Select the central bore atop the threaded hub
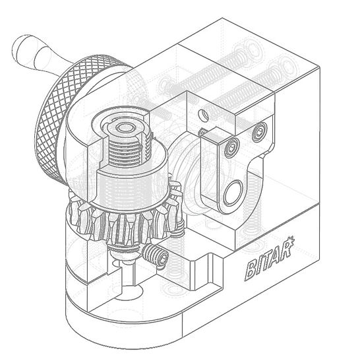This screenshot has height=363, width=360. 125,125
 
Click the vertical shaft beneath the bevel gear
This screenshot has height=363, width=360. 129,271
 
